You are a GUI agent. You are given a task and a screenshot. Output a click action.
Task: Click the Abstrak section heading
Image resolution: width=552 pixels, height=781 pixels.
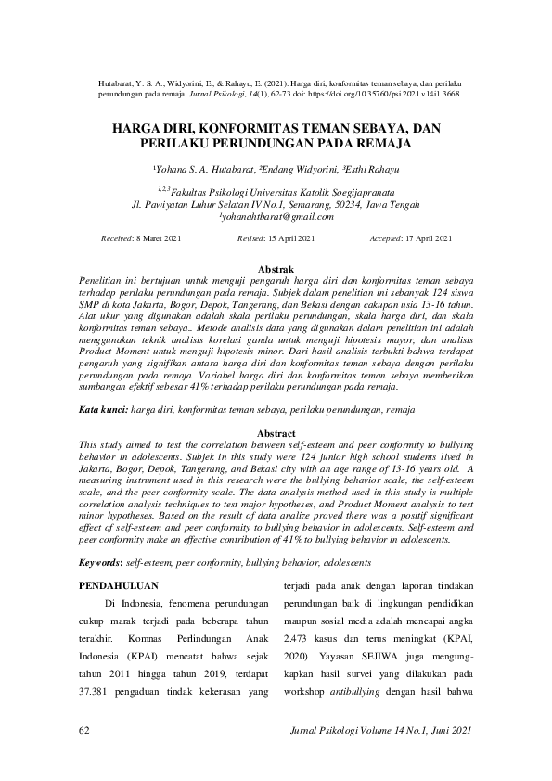tap(275, 267)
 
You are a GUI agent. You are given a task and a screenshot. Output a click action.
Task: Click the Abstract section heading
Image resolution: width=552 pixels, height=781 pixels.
tap(275, 433)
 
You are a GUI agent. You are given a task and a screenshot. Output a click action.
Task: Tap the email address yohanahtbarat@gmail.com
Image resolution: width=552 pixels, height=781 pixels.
tap(276, 216)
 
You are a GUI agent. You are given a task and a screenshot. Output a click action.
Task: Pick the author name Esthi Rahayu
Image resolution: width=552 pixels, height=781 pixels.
tap(371, 170)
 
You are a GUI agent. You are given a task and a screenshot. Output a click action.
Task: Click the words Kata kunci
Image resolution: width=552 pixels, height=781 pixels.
tap(101, 408)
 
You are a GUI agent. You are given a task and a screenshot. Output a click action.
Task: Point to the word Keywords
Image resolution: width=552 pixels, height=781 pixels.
tap(100, 563)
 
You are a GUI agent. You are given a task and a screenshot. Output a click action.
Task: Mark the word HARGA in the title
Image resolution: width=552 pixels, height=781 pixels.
tap(135, 129)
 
